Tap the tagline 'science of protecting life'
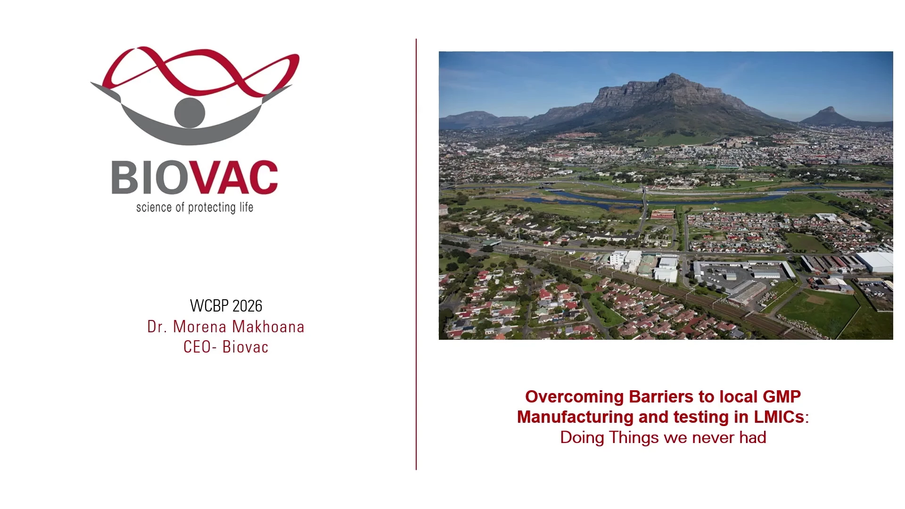[x=195, y=208]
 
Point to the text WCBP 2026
[x=226, y=306]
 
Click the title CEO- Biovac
[x=226, y=347]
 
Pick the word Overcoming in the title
[x=575, y=397]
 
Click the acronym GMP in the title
[x=782, y=396]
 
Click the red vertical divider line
[x=416, y=254]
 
